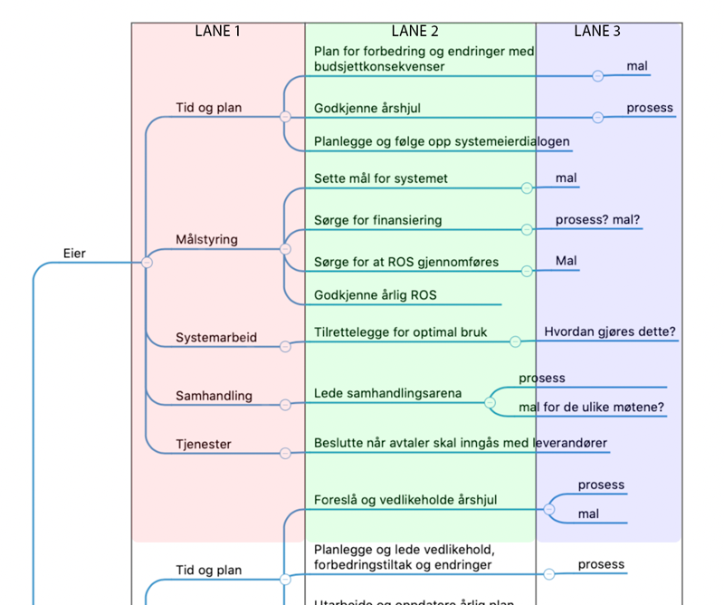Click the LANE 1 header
tap(218, 31)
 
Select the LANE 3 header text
tap(597, 31)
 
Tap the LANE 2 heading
tap(415, 31)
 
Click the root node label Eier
tap(75, 254)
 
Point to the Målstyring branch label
tap(207, 240)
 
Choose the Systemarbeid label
tap(216, 338)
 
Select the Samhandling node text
tap(214, 397)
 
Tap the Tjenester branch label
tap(204, 445)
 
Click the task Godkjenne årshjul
tap(367, 109)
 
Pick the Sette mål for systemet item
tap(381, 178)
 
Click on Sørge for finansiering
tap(378, 220)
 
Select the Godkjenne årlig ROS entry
tap(376, 295)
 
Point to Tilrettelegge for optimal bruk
tap(401, 332)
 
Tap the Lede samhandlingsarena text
tap(388, 394)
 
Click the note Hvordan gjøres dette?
tap(610, 332)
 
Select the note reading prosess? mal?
tap(604, 220)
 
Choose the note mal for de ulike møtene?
tap(592, 408)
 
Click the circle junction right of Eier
tap(147, 263)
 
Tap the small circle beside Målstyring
tap(285, 249)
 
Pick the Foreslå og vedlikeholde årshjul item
tap(405, 500)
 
